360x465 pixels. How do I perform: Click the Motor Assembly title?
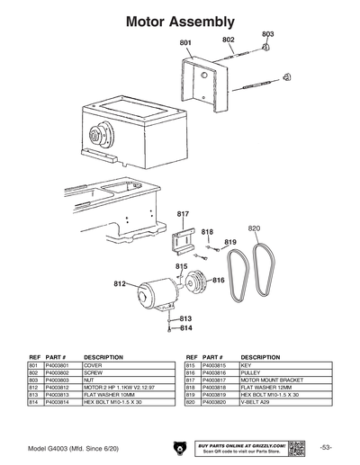pos(180,19)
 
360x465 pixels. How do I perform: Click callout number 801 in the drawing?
pos(185,42)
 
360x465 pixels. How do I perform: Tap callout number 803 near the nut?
pos(267,33)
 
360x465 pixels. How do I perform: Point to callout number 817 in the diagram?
pos(183,213)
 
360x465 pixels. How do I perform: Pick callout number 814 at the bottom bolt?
pos(185,328)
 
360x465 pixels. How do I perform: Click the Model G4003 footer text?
pos(70,446)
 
